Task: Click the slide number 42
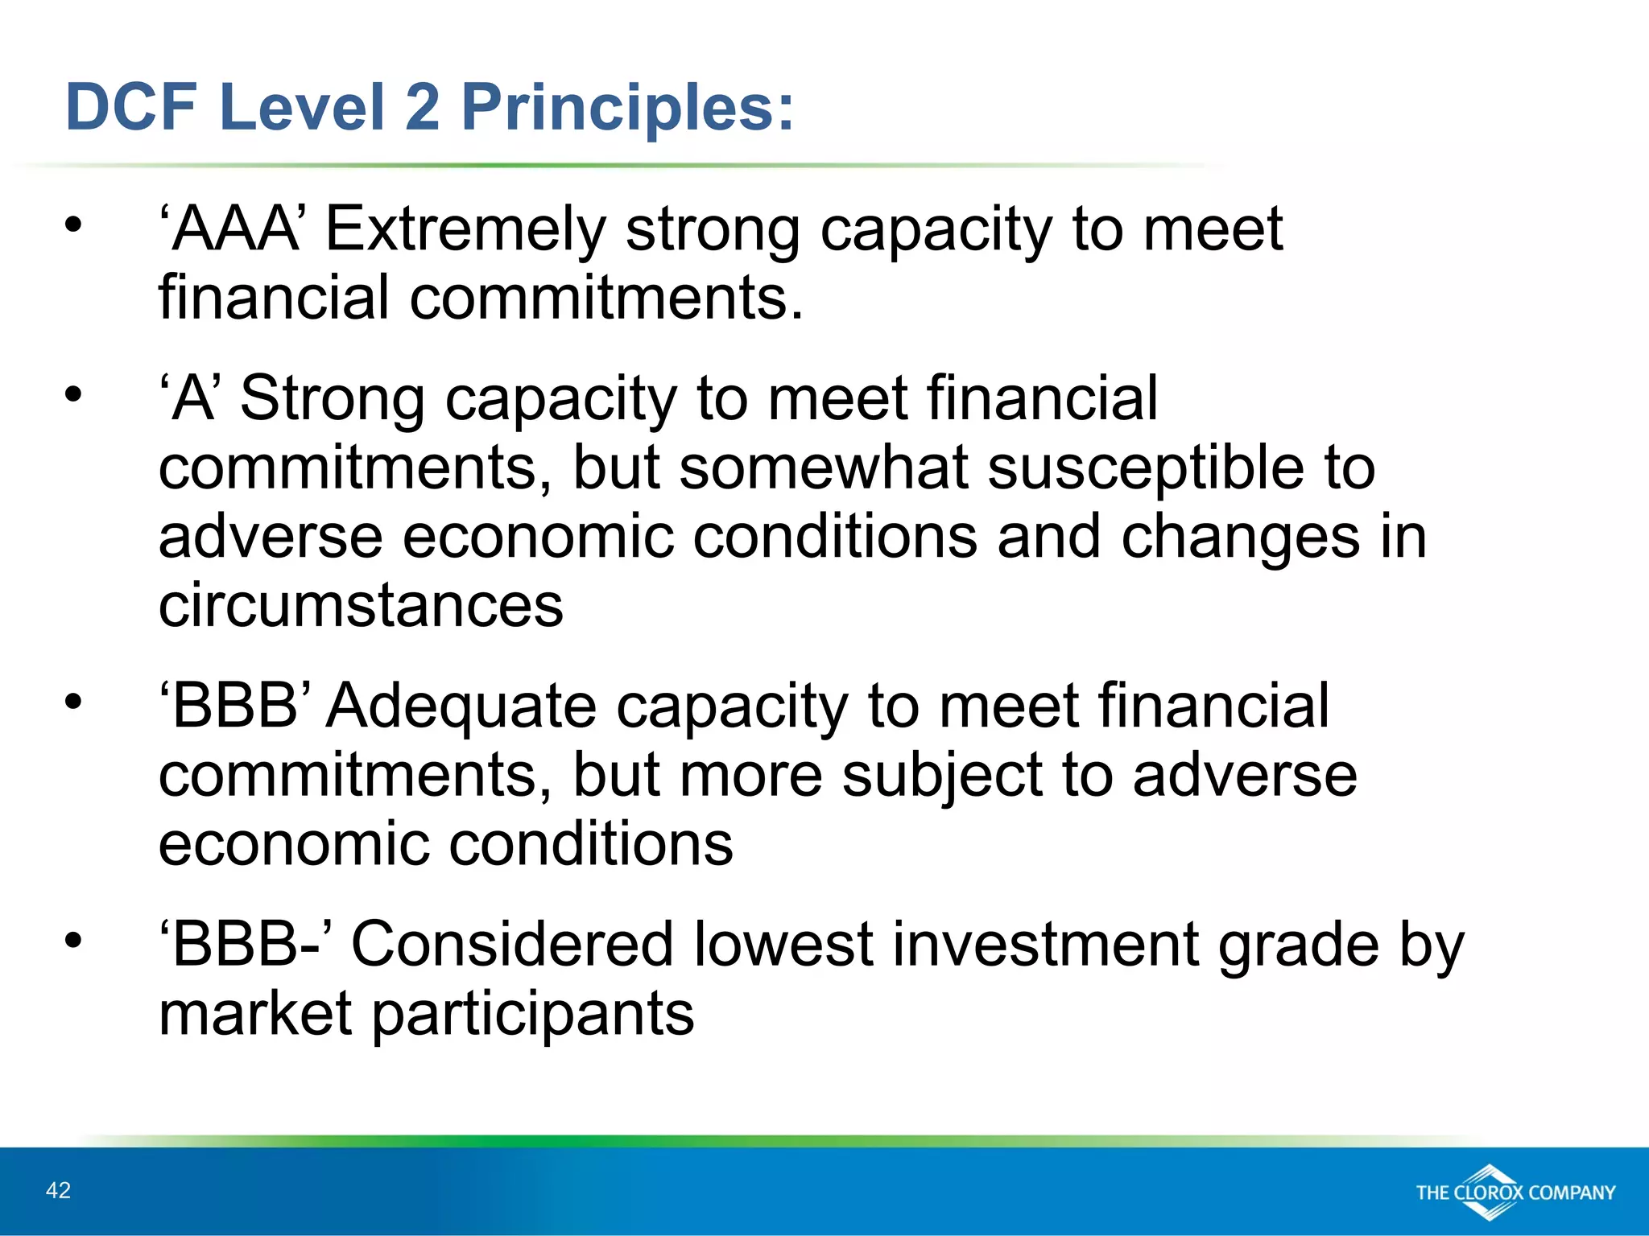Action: [x=59, y=1191]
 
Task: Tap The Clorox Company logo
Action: [x=1515, y=1193]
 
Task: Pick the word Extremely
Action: [x=465, y=231]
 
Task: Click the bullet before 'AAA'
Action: [x=74, y=225]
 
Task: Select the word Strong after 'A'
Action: [x=333, y=399]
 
